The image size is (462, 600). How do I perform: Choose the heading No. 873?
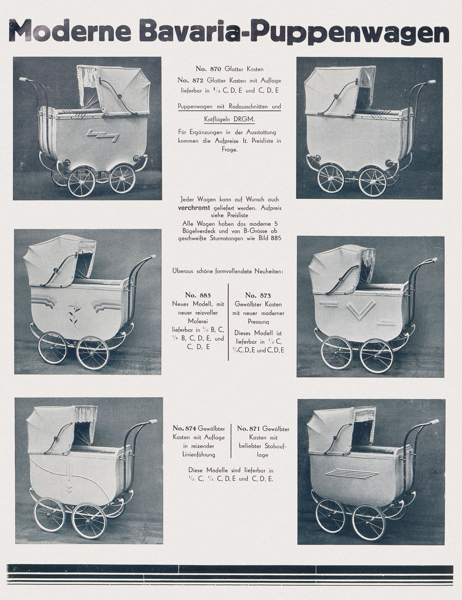pyautogui.click(x=258, y=296)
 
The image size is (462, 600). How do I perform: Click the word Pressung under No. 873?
pyautogui.click(x=258, y=321)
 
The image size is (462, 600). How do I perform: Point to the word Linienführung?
pyautogui.click(x=199, y=454)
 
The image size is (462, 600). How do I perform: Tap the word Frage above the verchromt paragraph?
pyautogui.click(x=230, y=150)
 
